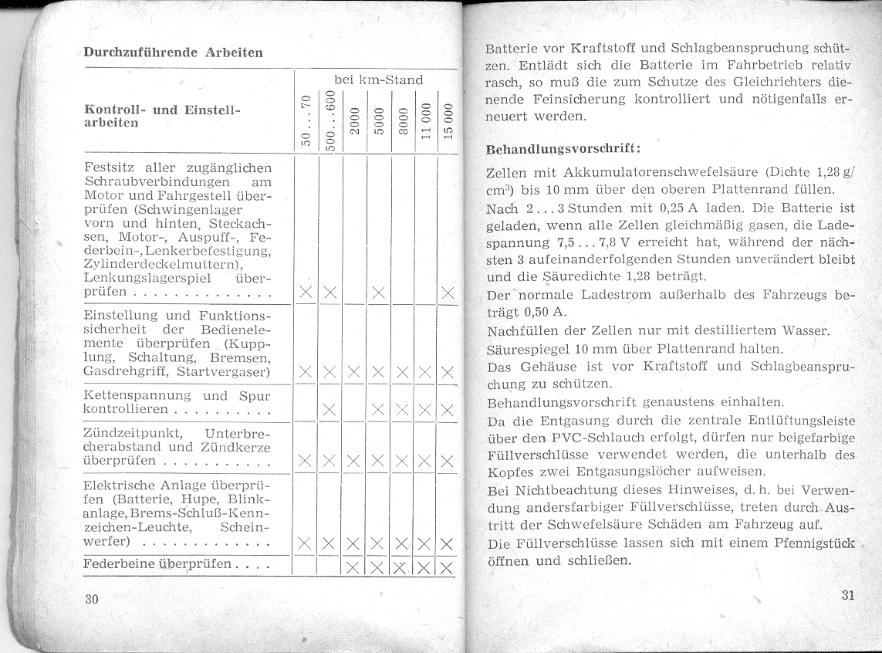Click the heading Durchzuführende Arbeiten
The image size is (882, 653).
tap(173, 52)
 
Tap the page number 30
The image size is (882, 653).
tap(92, 600)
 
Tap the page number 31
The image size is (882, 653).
tap(848, 595)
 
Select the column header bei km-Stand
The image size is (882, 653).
tap(378, 80)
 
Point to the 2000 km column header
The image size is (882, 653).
tap(355, 121)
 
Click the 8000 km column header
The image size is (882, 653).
tap(402, 121)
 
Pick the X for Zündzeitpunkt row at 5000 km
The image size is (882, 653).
tap(378, 462)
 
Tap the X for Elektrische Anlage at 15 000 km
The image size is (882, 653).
tap(446, 543)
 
